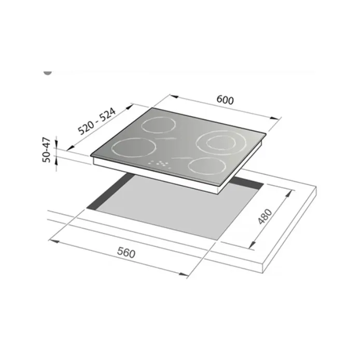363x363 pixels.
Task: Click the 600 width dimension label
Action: click(x=225, y=100)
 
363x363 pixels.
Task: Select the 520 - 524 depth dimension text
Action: click(x=96, y=122)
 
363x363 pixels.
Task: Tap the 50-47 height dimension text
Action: click(x=46, y=150)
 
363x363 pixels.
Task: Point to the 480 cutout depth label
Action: click(x=265, y=216)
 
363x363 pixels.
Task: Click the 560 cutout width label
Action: click(x=126, y=252)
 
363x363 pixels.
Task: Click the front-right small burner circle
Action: click(x=188, y=166)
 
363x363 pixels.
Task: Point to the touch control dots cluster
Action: click(x=160, y=163)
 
